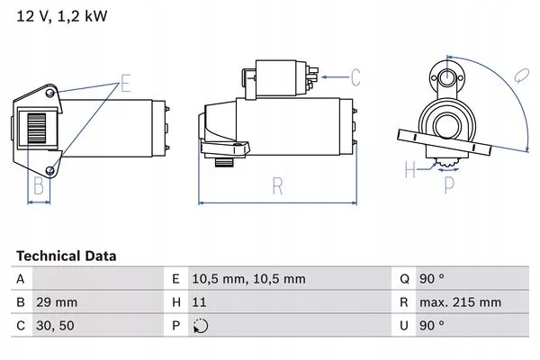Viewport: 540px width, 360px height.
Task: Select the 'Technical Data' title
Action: (66, 256)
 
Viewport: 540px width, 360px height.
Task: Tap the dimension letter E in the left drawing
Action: (126, 85)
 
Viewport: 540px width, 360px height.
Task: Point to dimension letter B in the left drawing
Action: (38, 186)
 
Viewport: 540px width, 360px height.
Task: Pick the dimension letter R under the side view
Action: (278, 187)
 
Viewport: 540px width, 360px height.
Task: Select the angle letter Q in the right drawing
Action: (521, 76)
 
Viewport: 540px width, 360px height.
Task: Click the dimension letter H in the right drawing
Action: (409, 169)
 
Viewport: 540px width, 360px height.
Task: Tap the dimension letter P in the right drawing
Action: (450, 186)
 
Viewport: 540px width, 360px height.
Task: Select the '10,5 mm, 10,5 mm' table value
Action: (247, 280)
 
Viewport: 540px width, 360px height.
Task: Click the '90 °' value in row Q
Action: (436, 280)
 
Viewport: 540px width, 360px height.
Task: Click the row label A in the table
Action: (21, 280)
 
